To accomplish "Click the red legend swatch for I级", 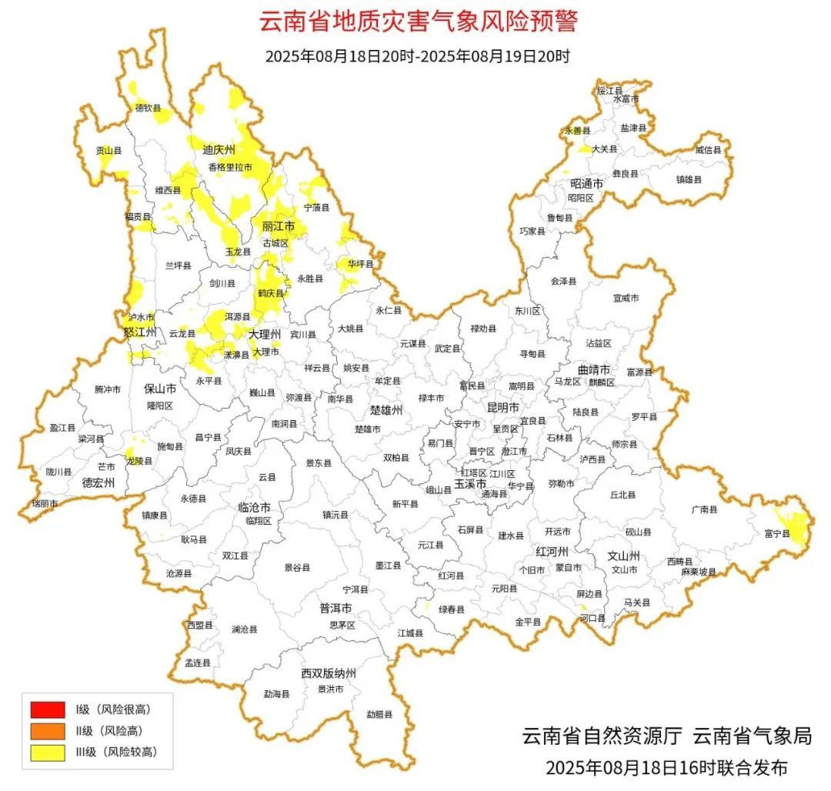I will click(x=47, y=709).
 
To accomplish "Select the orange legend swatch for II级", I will click(x=47, y=730).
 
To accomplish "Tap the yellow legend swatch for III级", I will click(x=47, y=752).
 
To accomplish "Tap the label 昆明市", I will click(x=502, y=406).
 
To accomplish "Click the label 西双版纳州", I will click(x=329, y=673).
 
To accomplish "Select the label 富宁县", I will click(x=777, y=533).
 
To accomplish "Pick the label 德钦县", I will click(x=149, y=108).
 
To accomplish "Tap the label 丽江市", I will click(x=278, y=227).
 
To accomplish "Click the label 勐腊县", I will click(x=379, y=714).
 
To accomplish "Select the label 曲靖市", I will click(x=594, y=369).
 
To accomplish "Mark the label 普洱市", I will click(x=335, y=608).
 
